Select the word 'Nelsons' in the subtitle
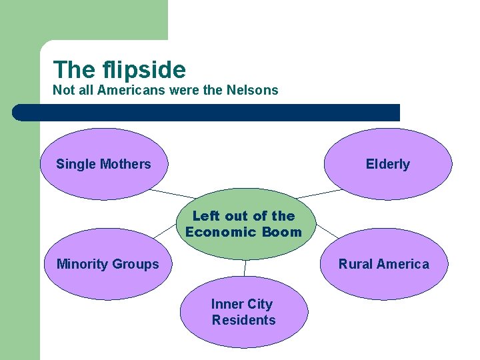[x=253, y=90]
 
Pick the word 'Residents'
[x=243, y=320]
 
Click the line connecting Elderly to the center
[x=318, y=194]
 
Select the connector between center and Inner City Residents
[x=245, y=267]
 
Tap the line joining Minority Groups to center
[x=165, y=230]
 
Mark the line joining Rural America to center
[x=327, y=231]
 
